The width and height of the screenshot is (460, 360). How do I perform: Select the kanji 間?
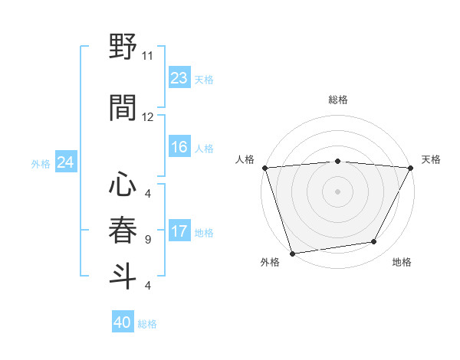(x=123, y=107)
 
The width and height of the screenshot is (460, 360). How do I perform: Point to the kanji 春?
(x=123, y=230)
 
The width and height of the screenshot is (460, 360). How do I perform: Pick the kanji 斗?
(x=123, y=276)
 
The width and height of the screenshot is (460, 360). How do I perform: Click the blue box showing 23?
(x=179, y=78)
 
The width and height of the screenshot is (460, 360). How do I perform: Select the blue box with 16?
(x=179, y=148)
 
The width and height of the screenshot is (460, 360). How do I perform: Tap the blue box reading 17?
(x=179, y=231)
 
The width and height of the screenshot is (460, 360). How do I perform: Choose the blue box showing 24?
(x=65, y=162)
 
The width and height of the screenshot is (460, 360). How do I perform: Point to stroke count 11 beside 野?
(x=148, y=56)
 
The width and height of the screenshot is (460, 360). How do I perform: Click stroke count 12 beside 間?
(x=148, y=117)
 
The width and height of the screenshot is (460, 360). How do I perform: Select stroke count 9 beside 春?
(x=148, y=240)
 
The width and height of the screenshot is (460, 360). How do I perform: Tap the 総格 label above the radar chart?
(x=338, y=100)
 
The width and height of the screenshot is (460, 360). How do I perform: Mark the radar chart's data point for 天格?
(x=412, y=168)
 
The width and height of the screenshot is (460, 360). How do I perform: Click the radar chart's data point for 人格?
(x=264, y=168)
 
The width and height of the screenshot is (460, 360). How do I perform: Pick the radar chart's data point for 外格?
(x=292, y=253)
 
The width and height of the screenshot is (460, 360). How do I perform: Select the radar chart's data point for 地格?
(x=374, y=242)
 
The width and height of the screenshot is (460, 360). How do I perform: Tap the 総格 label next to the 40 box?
(x=148, y=324)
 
